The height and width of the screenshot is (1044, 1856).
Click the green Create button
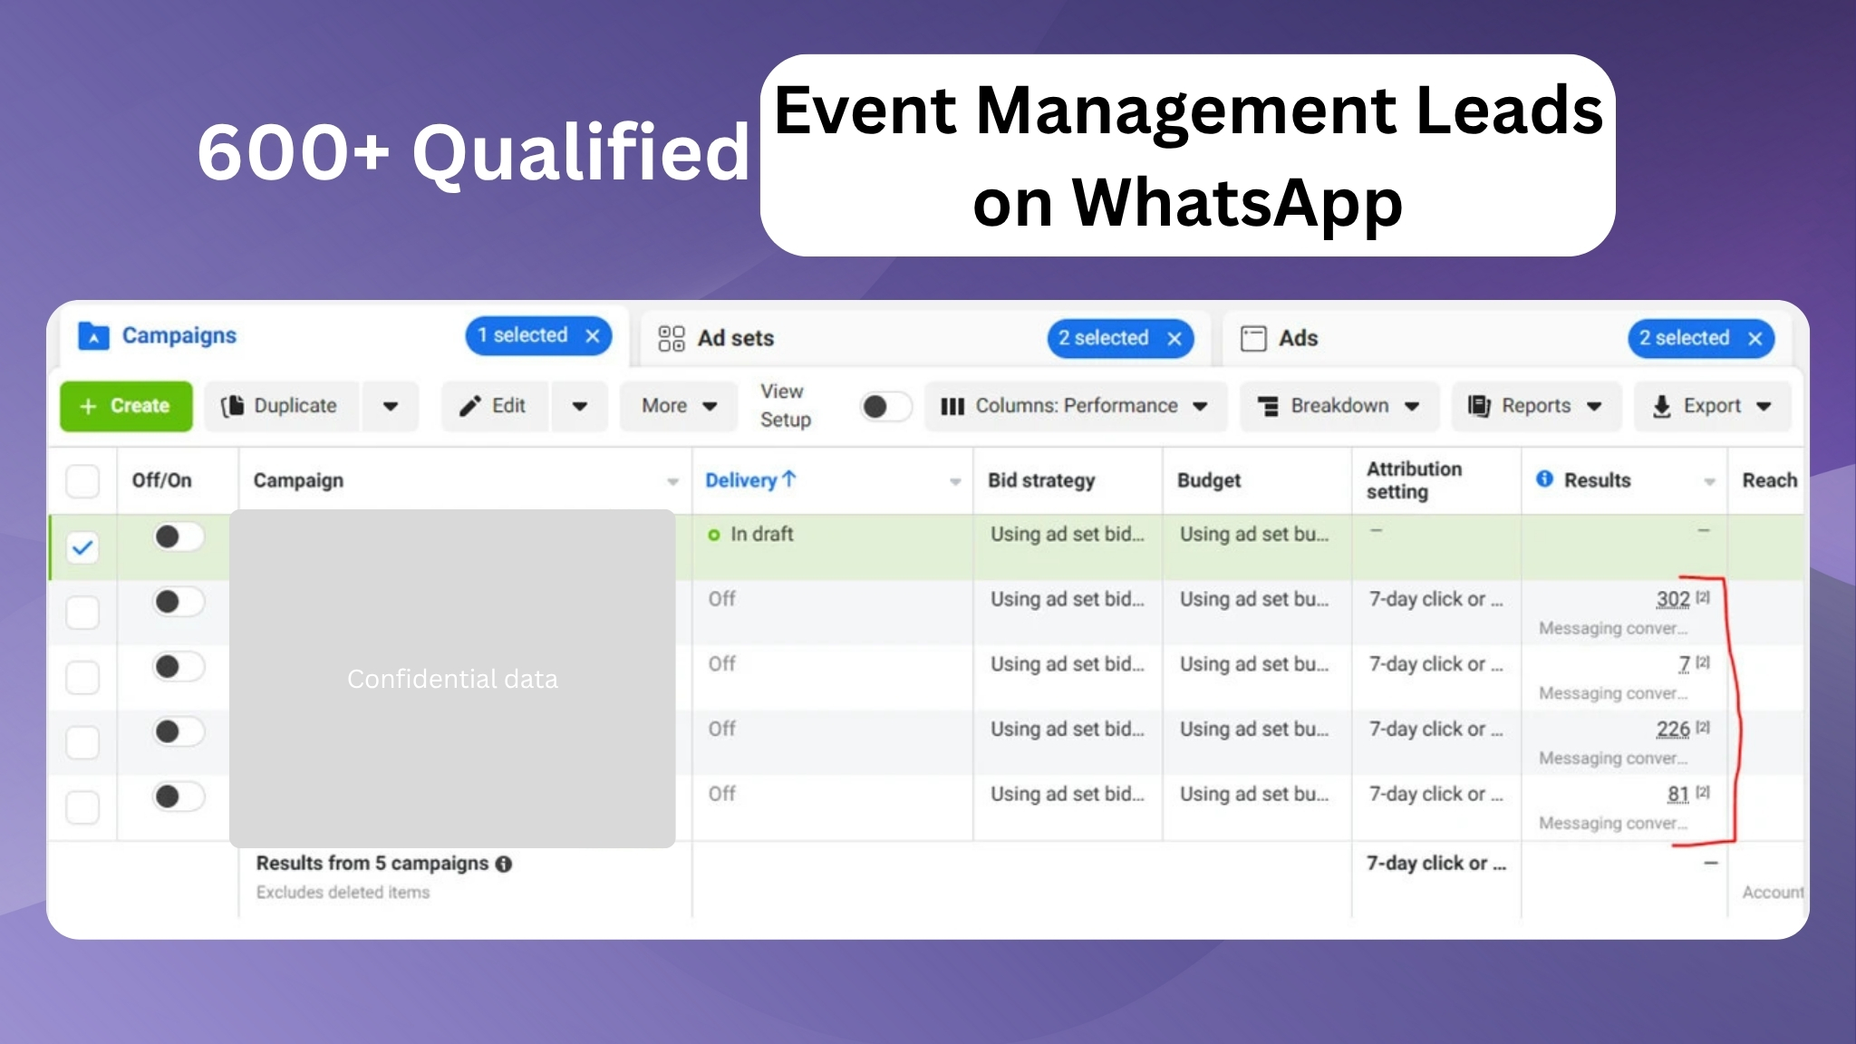click(126, 406)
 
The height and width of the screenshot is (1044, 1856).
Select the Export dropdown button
click(1712, 406)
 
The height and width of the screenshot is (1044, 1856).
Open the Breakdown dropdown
click(1339, 406)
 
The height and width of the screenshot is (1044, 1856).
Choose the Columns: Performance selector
click(1076, 406)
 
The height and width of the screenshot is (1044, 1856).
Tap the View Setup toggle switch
click(885, 407)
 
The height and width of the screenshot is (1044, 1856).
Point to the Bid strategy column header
click(1041, 480)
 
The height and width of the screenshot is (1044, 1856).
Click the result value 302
click(1673, 599)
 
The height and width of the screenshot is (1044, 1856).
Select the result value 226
click(1673, 729)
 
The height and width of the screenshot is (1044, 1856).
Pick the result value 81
click(1678, 794)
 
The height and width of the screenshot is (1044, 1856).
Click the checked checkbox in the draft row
click(82, 547)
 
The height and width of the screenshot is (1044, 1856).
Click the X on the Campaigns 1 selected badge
click(593, 336)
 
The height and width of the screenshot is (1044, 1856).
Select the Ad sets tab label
click(735, 338)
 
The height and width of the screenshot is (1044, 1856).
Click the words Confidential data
click(452, 679)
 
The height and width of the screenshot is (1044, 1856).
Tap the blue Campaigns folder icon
click(93, 335)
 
